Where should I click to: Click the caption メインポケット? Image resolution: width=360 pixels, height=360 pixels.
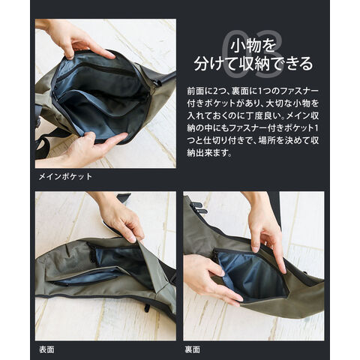pyautogui.click(x=65, y=176)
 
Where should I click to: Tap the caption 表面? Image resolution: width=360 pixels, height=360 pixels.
pyautogui.click(x=46, y=349)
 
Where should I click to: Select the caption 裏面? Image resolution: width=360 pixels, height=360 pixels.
pyautogui.click(x=193, y=349)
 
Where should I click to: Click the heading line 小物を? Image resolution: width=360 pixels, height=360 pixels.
pyautogui.click(x=253, y=46)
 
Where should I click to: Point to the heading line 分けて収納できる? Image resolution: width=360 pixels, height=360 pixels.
pyautogui.click(x=253, y=64)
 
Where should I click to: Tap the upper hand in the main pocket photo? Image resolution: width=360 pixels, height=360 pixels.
pyautogui.click(x=82, y=40)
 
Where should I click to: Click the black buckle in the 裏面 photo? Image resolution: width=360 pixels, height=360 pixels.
pyautogui.click(x=199, y=208)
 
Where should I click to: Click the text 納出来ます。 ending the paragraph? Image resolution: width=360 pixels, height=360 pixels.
pyautogui.click(x=210, y=153)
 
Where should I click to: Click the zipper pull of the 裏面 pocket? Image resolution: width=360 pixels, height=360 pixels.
pyautogui.click(x=215, y=255)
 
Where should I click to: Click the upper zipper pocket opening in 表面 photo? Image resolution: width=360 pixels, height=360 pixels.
pyautogui.click(x=115, y=253)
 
